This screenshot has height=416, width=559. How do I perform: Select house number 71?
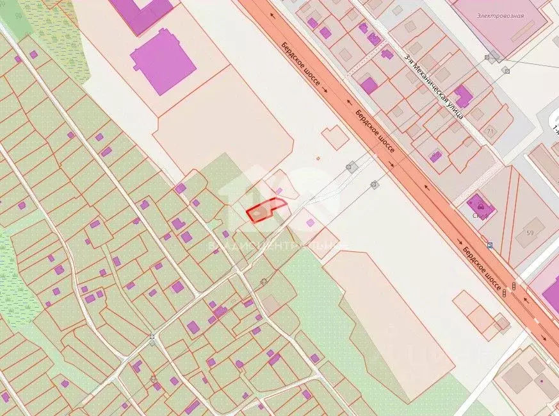[x=490, y=131]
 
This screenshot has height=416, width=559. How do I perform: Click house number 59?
[x=530, y=232]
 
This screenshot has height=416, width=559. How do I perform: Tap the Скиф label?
[x=481, y=216]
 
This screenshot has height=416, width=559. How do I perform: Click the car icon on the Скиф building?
[x=480, y=206]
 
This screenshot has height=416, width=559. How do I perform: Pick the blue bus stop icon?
[x=490, y=245]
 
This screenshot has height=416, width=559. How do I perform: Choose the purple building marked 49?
[x=435, y=156]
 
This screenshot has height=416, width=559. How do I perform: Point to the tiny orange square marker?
[x=318, y=158]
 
